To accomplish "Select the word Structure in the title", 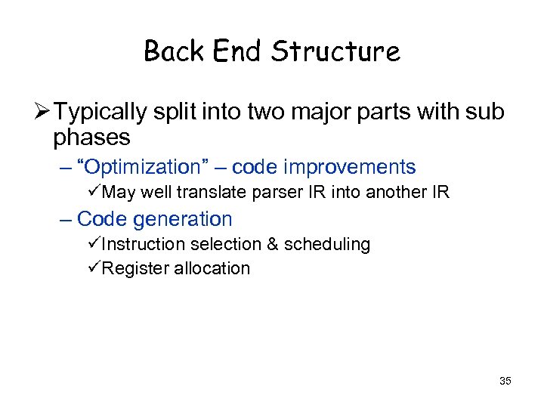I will point(336,51).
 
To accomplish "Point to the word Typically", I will point(100,113).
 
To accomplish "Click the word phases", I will point(91,138).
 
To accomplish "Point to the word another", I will point(397,193).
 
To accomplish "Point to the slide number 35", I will point(505,381).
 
